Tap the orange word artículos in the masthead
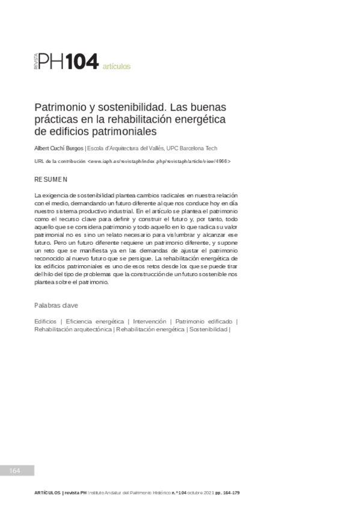pyautogui.click(x=117, y=66)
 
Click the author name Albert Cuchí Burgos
pyautogui.click(x=59, y=149)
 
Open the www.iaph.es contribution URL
pyautogui.click(x=159, y=162)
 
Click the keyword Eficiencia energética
pyautogui.click(x=95, y=322)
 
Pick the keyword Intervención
pyautogui.click(x=150, y=322)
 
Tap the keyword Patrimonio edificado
pyautogui.click(x=204, y=322)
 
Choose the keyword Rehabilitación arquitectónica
pyautogui.click(x=73, y=330)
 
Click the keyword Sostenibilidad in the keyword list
pyautogui.click(x=208, y=330)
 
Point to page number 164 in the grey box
pyautogui.click(x=16, y=470)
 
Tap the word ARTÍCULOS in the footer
pyautogui.click(x=47, y=493)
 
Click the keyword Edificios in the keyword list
pyautogui.click(x=46, y=322)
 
